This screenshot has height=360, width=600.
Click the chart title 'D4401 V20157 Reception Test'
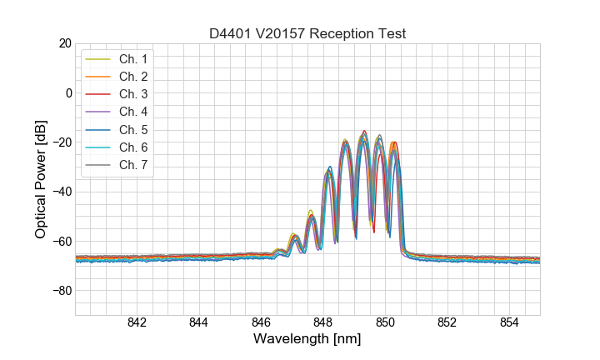pyautogui.click(x=307, y=33)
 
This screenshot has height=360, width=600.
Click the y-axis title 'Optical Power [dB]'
pyautogui.click(x=41, y=179)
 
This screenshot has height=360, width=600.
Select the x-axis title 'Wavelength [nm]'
pyautogui.click(x=307, y=340)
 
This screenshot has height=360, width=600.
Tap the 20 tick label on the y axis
pyautogui.click(x=64, y=42)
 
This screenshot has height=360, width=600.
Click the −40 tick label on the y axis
pyautogui.click(x=61, y=192)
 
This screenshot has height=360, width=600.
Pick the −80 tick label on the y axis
pyautogui.click(x=61, y=291)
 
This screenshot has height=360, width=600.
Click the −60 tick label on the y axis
pyautogui.click(x=61, y=242)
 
